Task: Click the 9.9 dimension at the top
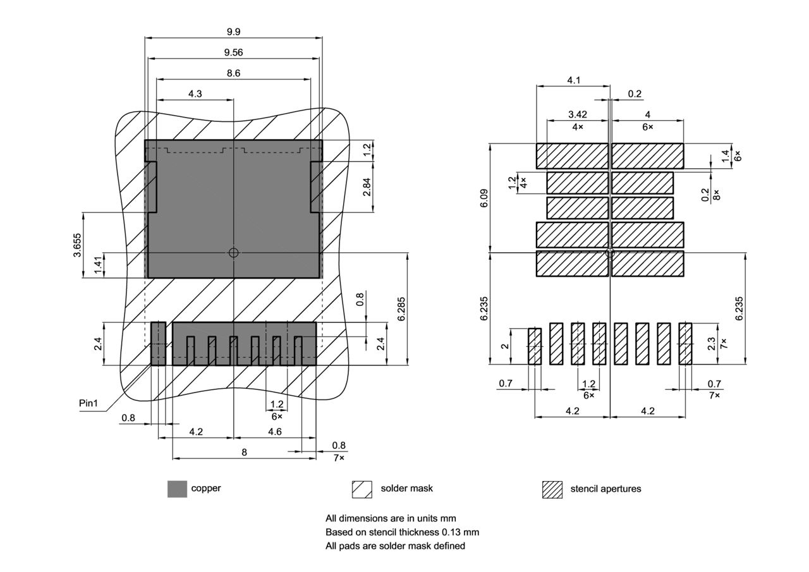[x=233, y=32]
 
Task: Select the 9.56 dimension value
[x=233, y=52]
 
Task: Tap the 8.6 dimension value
[x=233, y=73]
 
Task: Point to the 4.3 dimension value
[x=195, y=94]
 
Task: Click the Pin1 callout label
[x=89, y=403]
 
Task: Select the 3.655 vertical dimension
[x=77, y=245]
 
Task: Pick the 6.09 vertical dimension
[x=484, y=197]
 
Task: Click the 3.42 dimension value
[x=578, y=114]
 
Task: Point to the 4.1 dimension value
[x=573, y=80]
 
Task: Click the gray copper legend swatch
[x=177, y=489]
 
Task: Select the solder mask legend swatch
[x=362, y=489]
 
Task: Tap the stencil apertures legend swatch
[x=552, y=489]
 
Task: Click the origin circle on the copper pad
[x=233, y=252]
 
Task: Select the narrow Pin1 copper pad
[x=158, y=343]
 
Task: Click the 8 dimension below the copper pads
[x=244, y=452]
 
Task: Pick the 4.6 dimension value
[x=274, y=432]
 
